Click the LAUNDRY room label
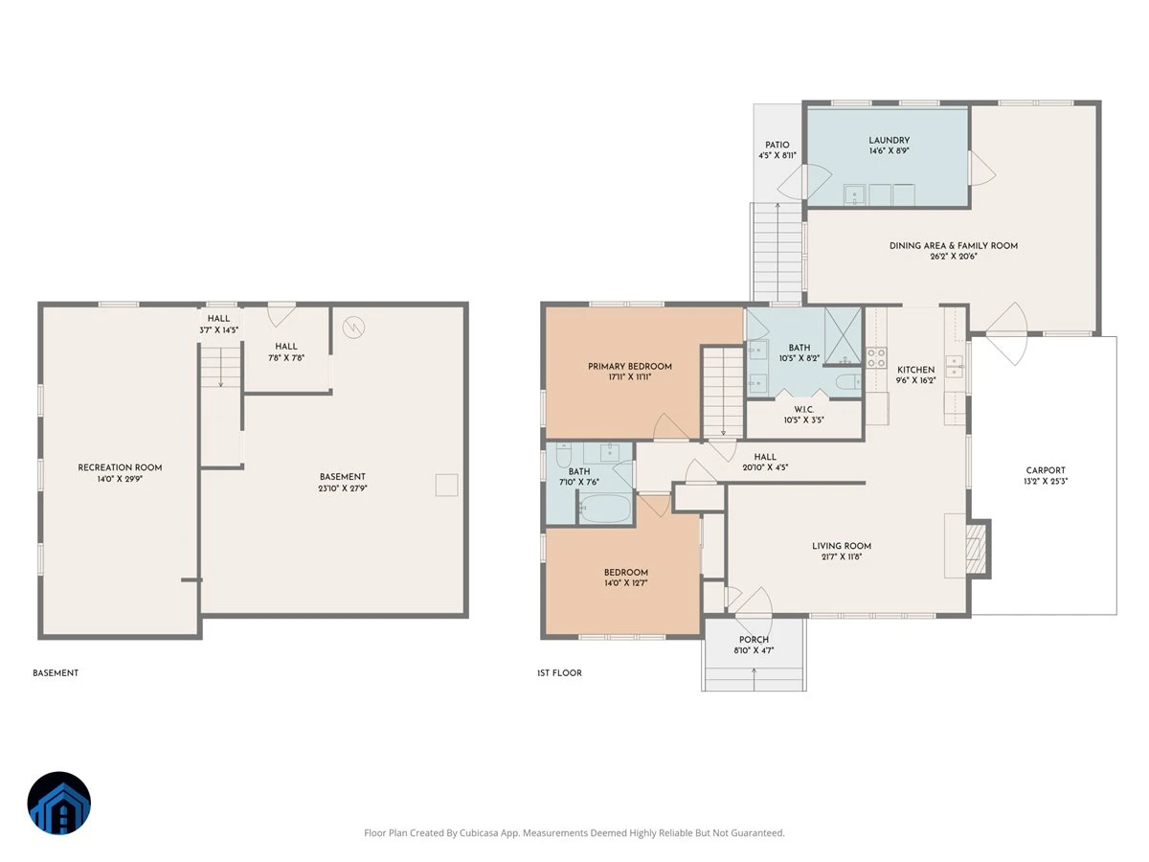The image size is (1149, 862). tap(889, 140)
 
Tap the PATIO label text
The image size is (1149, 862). tap(777, 145)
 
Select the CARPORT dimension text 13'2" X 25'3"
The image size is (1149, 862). tap(1046, 481)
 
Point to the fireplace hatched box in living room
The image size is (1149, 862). tap(976, 549)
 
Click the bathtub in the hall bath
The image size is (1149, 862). tap(604, 509)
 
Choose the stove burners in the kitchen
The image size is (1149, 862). tap(876, 357)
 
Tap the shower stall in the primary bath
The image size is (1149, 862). tap(843, 335)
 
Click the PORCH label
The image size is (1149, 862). tap(754, 640)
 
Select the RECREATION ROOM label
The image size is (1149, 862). tap(120, 467)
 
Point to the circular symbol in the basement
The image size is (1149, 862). tap(353, 328)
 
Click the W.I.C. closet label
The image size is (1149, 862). tap(804, 409)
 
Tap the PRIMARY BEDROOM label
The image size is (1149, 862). tap(630, 367)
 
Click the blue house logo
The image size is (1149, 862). tap(59, 803)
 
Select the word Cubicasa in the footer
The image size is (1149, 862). tap(479, 832)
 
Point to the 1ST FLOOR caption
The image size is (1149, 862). tap(559, 673)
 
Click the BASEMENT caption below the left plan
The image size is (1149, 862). tap(56, 673)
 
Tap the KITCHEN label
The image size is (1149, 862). tap(915, 370)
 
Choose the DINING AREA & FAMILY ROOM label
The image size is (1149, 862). tap(954, 245)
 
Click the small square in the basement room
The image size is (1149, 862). tap(446, 486)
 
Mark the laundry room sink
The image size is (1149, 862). tap(854, 194)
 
